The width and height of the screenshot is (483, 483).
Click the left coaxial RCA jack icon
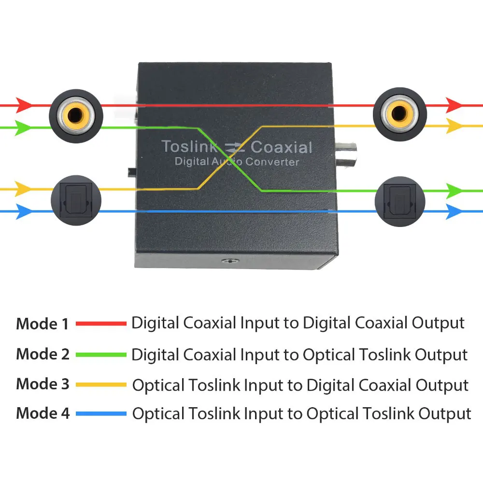pos(76,116)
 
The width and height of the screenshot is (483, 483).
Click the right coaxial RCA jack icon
pos(400,114)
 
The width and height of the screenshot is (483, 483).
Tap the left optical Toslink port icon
pos(76,200)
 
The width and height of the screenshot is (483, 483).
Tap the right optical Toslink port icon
pos(400,201)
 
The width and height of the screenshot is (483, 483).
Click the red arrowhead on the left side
pos(23,105)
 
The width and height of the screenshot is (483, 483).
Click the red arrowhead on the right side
pos(454,105)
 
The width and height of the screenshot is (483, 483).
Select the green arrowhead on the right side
pos(454,191)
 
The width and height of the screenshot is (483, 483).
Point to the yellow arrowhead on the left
pos(23,189)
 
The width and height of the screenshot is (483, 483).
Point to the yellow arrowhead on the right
pos(454,126)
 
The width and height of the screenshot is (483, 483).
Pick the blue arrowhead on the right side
pos(454,212)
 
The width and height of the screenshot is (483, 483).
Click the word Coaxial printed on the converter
pos(281,147)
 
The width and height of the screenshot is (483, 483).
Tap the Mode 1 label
pos(42,324)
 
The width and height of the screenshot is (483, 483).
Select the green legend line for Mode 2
pos(101,355)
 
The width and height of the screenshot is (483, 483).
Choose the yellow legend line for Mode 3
pos(101,384)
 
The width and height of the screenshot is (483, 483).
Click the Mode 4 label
pos(43,413)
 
